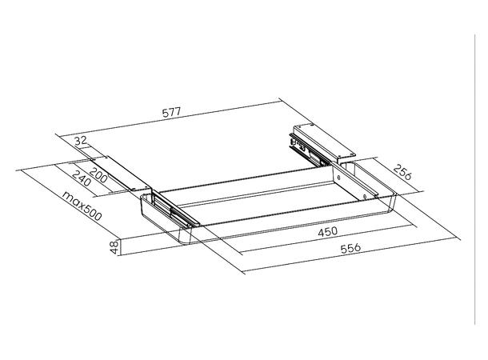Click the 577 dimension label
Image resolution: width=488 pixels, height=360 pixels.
[171, 113]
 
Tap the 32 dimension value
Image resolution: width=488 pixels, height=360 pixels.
[80, 142]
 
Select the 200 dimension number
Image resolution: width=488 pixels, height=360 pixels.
[98, 172]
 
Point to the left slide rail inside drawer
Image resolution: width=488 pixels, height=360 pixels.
[172, 210]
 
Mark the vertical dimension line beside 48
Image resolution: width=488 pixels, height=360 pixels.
[122, 246]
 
